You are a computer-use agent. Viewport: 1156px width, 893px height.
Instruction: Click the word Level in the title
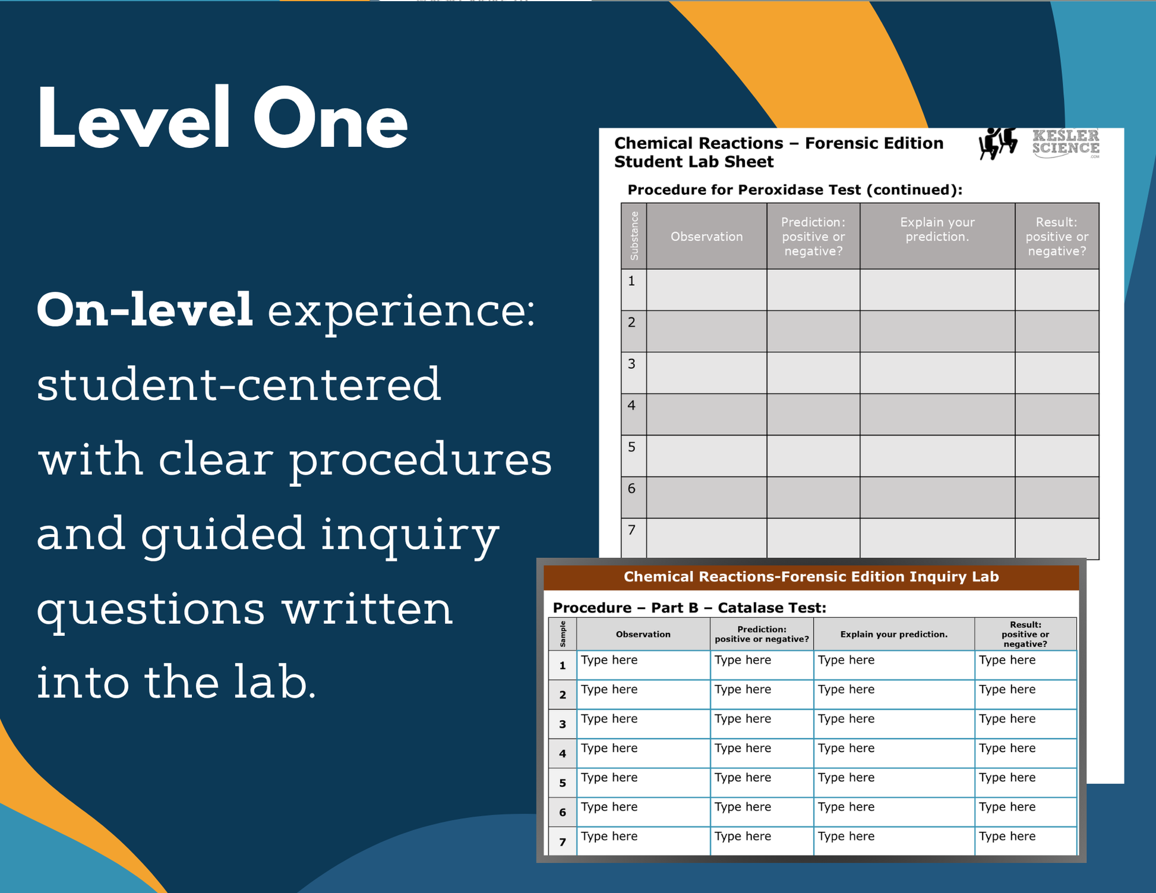pos(134,118)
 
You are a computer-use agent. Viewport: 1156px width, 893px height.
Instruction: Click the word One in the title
pos(330,119)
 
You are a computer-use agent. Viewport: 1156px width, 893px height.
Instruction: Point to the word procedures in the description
pos(421,460)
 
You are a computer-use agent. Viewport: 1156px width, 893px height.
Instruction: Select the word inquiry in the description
pos(410,534)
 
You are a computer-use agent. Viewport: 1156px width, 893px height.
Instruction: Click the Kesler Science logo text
pos(1066,143)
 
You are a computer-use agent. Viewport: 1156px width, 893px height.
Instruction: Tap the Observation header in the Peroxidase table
pos(706,236)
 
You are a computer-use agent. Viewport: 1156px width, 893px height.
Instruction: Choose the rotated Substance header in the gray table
pos(634,236)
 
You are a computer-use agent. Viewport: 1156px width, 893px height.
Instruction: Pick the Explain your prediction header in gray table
pos(937,229)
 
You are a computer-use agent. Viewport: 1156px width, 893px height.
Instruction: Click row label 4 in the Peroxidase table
pos(631,405)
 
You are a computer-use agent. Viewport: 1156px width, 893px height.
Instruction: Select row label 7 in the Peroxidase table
pos(631,529)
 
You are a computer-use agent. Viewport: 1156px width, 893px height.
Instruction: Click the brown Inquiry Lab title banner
pos(811,577)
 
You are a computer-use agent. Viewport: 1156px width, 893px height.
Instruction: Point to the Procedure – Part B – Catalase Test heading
pos(689,608)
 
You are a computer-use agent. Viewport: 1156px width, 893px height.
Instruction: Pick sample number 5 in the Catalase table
pos(563,783)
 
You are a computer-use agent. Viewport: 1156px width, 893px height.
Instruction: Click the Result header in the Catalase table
pos(1025,634)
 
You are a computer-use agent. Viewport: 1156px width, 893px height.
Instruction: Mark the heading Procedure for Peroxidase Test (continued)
pos(795,190)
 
